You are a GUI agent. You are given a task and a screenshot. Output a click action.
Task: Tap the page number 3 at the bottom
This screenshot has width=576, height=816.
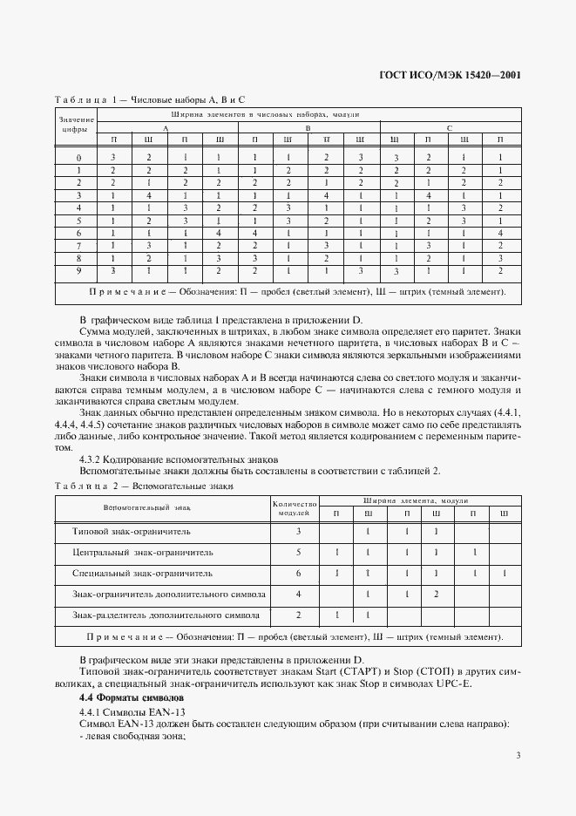518,755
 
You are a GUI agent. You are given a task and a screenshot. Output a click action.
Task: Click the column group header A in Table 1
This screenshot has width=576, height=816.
166,127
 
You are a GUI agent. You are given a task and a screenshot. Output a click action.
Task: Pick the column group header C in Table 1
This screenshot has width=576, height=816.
450,127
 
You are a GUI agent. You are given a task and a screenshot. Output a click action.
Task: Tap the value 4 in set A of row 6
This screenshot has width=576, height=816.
220,234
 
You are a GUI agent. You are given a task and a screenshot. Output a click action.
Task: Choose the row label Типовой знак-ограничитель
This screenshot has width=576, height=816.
132,531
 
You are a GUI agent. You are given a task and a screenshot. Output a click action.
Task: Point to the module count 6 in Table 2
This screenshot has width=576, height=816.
298,573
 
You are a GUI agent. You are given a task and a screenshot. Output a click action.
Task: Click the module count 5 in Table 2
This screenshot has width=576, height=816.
298,552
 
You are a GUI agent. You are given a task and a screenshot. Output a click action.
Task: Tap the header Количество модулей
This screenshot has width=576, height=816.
293,507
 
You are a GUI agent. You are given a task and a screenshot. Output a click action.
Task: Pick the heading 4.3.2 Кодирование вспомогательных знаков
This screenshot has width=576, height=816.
180,459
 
